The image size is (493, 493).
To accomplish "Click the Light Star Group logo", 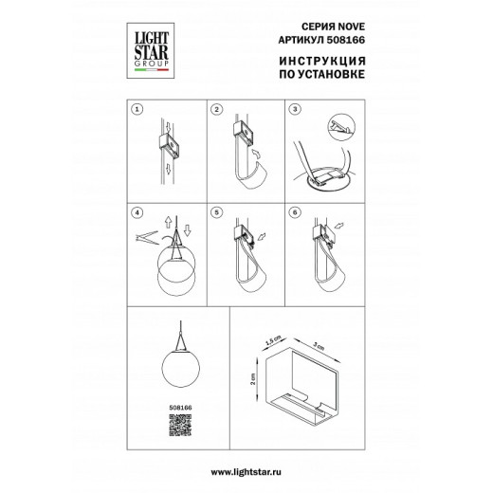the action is tap(151, 50).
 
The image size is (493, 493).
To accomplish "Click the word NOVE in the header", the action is tap(352, 27).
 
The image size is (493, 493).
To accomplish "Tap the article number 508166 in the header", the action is tap(345, 40).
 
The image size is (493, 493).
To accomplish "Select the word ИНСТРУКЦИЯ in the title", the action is tap(322, 61).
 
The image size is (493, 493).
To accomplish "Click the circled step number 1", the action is tap(137, 109).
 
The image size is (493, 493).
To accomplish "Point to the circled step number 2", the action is tap(216, 109).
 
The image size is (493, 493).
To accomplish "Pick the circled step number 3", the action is tap(295, 109).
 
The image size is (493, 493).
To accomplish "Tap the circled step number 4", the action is tap(137, 212).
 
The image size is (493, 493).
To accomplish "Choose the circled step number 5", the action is tap(216, 212).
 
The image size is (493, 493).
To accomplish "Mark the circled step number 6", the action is tap(295, 212).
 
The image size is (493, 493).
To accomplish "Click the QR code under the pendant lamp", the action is tap(180, 426).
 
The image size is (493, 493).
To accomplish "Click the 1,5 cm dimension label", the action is tap(273, 340).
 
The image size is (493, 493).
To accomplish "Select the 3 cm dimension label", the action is tap(319, 347).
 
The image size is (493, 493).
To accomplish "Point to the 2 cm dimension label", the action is tap(252, 379).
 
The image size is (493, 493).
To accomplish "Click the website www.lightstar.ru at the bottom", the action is tap(246, 472).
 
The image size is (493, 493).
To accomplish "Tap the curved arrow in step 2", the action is tap(255, 154).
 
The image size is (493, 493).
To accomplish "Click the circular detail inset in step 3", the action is tap(341, 128).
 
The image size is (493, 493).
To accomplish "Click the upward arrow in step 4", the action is tap(168, 222).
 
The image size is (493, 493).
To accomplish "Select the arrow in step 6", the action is tap(338, 226).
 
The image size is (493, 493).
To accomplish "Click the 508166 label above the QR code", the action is tap(180, 408).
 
